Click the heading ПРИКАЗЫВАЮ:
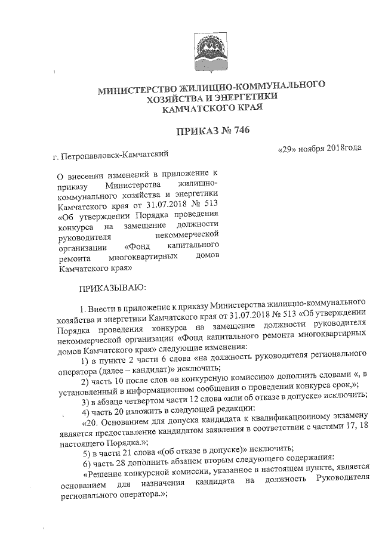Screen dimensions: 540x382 109,289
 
